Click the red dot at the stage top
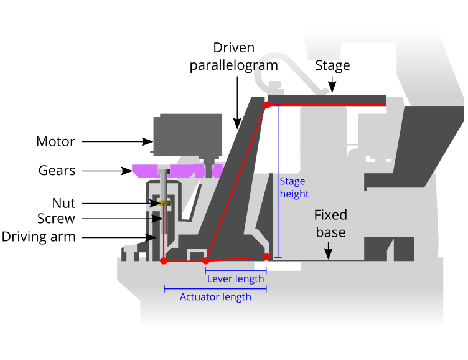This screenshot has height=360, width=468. click(x=267, y=105)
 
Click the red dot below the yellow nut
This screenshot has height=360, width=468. click(x=164, y=261)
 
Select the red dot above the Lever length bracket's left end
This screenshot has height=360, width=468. click(x=206, y=261)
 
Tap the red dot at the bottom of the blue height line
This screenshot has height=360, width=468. click(x=266, y=257)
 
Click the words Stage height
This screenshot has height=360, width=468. click(x=294, y=187)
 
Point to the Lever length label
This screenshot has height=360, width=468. click(x=235, y=279)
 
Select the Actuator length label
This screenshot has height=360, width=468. click(x=215, y=297)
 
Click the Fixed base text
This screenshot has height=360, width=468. click(x=330, y=224)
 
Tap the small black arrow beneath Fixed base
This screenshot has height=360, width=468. click(x=328, y=252)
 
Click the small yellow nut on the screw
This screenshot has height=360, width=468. click(x=164, y=203)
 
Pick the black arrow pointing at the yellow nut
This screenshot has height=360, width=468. click(x=153, y=203)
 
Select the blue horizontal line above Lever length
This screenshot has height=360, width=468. click(x=236, y=270)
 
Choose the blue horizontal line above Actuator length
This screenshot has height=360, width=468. click(x=215, y=288)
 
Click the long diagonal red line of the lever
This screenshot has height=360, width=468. click(x=236, y=182)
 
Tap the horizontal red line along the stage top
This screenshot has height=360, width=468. click(x=327, y=105)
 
